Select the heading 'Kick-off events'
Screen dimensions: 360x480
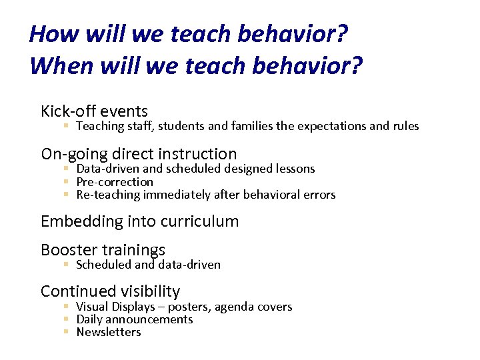click(x=94, y=111)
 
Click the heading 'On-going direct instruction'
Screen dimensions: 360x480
click(x=139, y=154)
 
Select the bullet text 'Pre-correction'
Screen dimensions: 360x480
click(x=115, y=182)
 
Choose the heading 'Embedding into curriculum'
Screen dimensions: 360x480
click(x=139, y=221)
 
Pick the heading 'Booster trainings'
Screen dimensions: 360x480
click(x=103, y=250)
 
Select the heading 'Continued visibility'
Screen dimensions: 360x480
click(x=110, y=291)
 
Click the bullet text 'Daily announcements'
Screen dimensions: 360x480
click(x=135, y=319)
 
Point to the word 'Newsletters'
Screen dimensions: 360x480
click(x=109, y=332)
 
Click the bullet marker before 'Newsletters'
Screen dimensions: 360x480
click(x=67, y=332)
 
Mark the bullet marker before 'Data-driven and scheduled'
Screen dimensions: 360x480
click(x=67, y=169)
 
